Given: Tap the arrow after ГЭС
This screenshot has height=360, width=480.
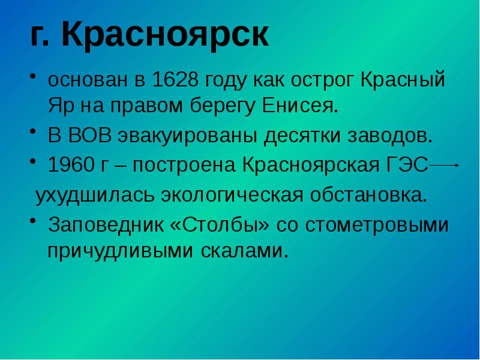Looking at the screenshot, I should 445,164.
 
